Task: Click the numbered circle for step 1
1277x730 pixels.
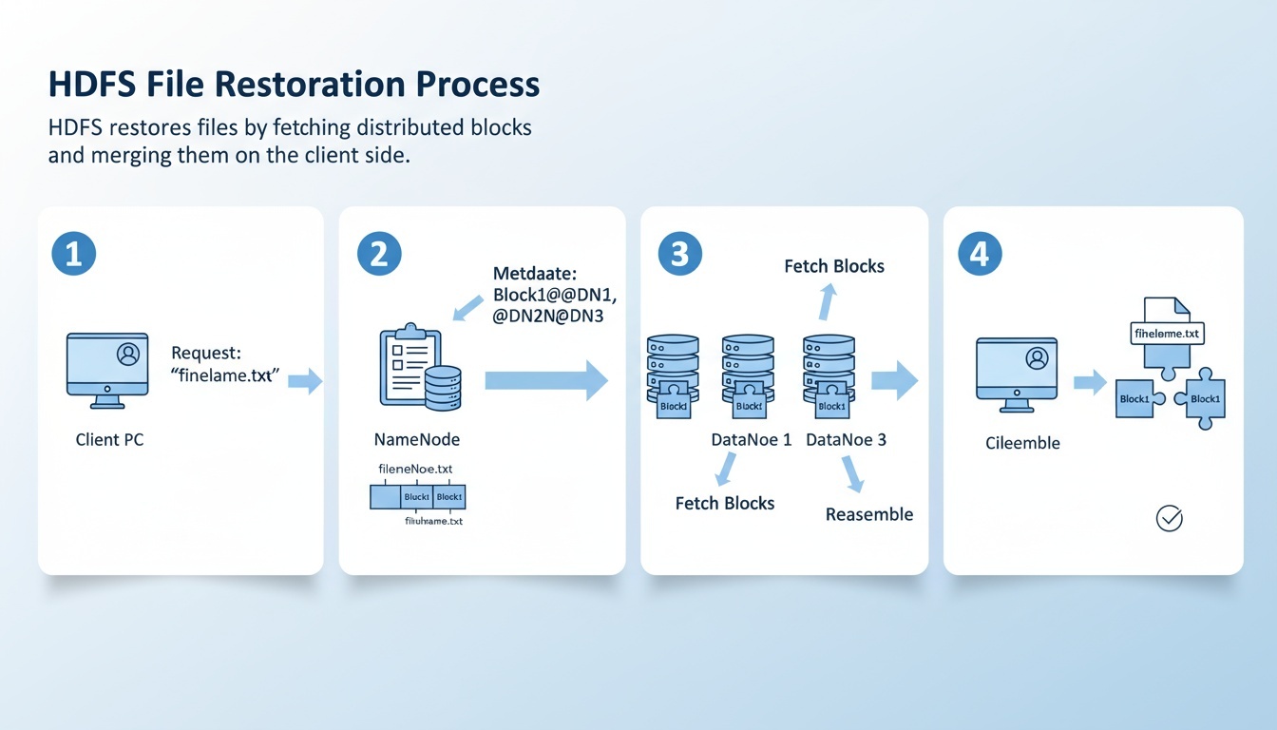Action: pyautogui.click(x=74, y=254)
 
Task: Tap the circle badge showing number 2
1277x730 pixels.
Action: pyautogui.click(x=379, y=254)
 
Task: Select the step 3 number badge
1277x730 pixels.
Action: pyautogui.click(x=679, y=254)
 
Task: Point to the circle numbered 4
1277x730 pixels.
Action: pyautogui.click(x=982, y=254)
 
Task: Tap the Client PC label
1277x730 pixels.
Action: pyautogui.click(x=110, y=440)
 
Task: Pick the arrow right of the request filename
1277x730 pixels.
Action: pyautogui.click(x=305, y=381)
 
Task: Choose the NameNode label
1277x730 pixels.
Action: pyautogui.click(x=418, y=440)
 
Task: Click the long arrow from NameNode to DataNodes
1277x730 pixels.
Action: pyautogui.click(x=545, y=380)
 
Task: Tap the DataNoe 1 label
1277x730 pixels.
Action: pyautogui.click(x=752, y=440)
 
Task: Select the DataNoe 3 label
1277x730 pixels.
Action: pyautogui.click(x=846, y=440)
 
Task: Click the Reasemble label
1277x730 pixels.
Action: pyautogui.click(x=869, y=514)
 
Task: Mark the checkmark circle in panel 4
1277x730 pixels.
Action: pyautogui.click(x=1169, y=518)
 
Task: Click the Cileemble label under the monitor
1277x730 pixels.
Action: pyautogui.click(x=1022, y=443)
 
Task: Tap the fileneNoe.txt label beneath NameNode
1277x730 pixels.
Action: pyautogui.click(x=416, y=469)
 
